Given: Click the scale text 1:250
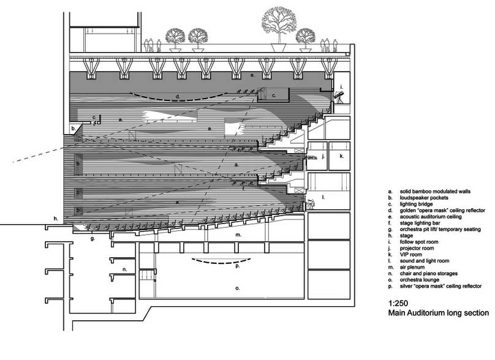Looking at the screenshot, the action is [398, 303].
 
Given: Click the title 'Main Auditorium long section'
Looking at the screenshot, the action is [439, 313].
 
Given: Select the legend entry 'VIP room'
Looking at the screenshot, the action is [410, 255].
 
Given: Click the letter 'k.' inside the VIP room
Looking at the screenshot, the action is [342, 156].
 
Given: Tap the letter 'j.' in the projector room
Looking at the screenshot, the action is [323, 156].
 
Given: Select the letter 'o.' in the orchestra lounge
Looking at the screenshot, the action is [238, 288].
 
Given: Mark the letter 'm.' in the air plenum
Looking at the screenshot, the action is [238, 234].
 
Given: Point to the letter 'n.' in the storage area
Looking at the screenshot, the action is [125, 269].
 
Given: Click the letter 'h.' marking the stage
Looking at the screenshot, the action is [56, 219].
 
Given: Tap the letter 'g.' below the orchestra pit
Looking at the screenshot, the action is [93, 238].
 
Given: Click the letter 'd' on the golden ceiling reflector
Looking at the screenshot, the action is [178, 96].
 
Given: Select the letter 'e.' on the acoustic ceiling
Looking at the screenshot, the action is [252, 75].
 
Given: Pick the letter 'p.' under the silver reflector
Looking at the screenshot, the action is [238, 266].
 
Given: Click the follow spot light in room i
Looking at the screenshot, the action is [339, 96].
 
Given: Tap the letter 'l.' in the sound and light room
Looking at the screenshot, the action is [323, 197].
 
